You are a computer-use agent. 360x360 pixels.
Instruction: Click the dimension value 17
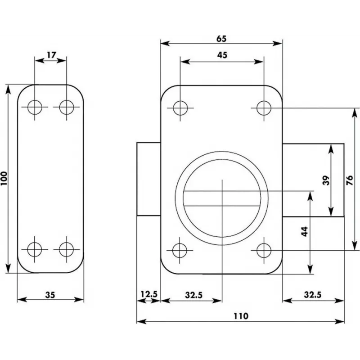click(51, 55)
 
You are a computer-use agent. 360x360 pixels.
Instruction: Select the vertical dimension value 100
click(5, 179)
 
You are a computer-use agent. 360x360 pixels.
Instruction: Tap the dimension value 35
click(50, 295)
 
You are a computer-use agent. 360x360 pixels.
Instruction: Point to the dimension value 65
click(221, 39)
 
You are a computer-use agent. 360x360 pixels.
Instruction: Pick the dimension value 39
click(327, 180)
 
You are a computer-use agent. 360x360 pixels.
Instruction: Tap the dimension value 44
click(304, 232)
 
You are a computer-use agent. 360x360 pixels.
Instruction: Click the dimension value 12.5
click(148, 295)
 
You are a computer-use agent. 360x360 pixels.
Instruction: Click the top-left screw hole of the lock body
click(180, 108)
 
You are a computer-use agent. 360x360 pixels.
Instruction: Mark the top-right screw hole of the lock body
click(264, 108)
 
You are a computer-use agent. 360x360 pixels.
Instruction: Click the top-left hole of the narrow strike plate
click(34, 107)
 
